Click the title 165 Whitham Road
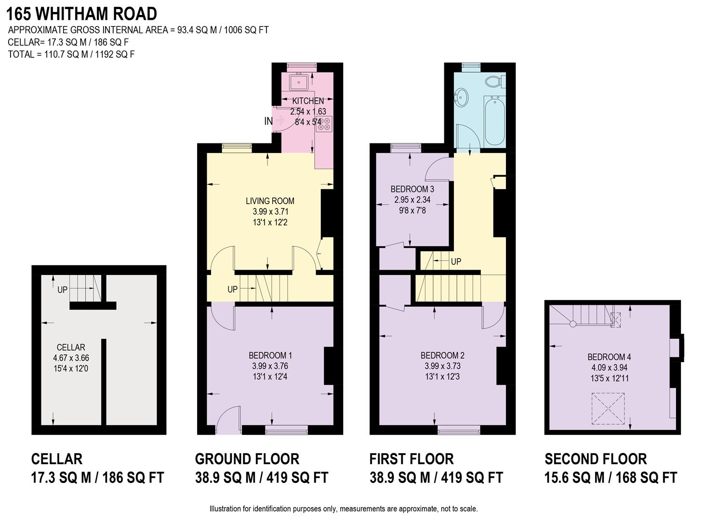pos(82,13)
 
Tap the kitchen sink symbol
pos(299,82)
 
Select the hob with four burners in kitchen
pos(323,124)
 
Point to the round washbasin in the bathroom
pos(461,98)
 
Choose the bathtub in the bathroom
pos(495,120)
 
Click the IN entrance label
pos(268,122)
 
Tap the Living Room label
pos(270,201)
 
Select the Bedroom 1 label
pos(270,355)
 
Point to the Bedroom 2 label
pos(442,355)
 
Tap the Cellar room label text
pos(71,347)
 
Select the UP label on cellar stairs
pos(63,290)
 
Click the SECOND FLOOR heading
pos(596,459)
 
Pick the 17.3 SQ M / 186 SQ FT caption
pos(97,478)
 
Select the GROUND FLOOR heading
pos(247,459)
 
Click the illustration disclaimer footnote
pos(343,509)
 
